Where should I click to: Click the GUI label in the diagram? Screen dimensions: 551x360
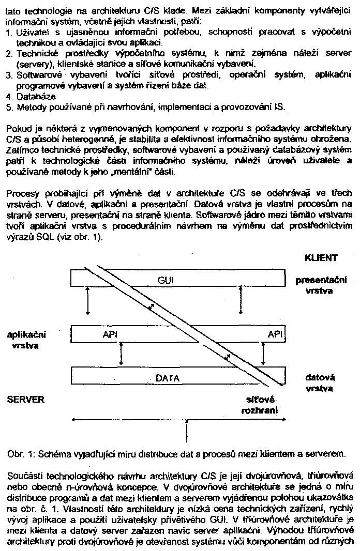point(166,280)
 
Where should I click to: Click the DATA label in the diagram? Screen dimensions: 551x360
point(168,378)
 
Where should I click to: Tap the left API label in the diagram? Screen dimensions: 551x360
point(110,334)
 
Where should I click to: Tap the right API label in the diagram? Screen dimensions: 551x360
point(275,334)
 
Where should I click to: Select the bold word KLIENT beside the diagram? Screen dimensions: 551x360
point(321,257)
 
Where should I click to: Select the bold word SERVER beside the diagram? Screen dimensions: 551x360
point(26,399)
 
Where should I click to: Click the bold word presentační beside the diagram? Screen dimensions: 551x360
point(321,280)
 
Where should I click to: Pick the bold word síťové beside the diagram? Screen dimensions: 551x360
point(264,400)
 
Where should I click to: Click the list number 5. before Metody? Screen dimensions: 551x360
point(9,107)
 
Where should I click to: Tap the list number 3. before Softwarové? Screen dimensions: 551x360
point(9,75)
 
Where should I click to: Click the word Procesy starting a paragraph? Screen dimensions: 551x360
point(21,194)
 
